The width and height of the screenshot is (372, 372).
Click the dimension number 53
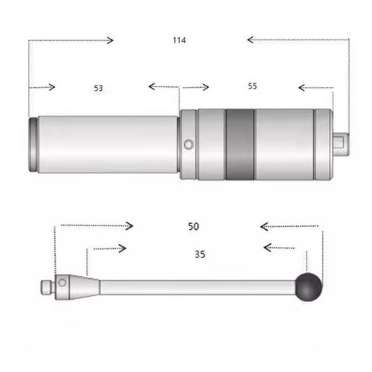click(98, 89)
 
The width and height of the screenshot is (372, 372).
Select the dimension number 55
click(251, 86)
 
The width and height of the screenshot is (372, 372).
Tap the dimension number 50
click(193, 226)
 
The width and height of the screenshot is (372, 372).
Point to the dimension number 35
click(199, 254)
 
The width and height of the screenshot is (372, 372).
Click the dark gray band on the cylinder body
click(239, 144)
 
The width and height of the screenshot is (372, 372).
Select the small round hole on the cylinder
click(189, 144)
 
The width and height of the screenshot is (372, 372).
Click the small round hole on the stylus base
click(62, 282)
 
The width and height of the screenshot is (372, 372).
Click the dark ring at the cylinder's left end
click(33, 144)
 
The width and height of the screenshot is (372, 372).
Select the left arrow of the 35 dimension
click(108, 248)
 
